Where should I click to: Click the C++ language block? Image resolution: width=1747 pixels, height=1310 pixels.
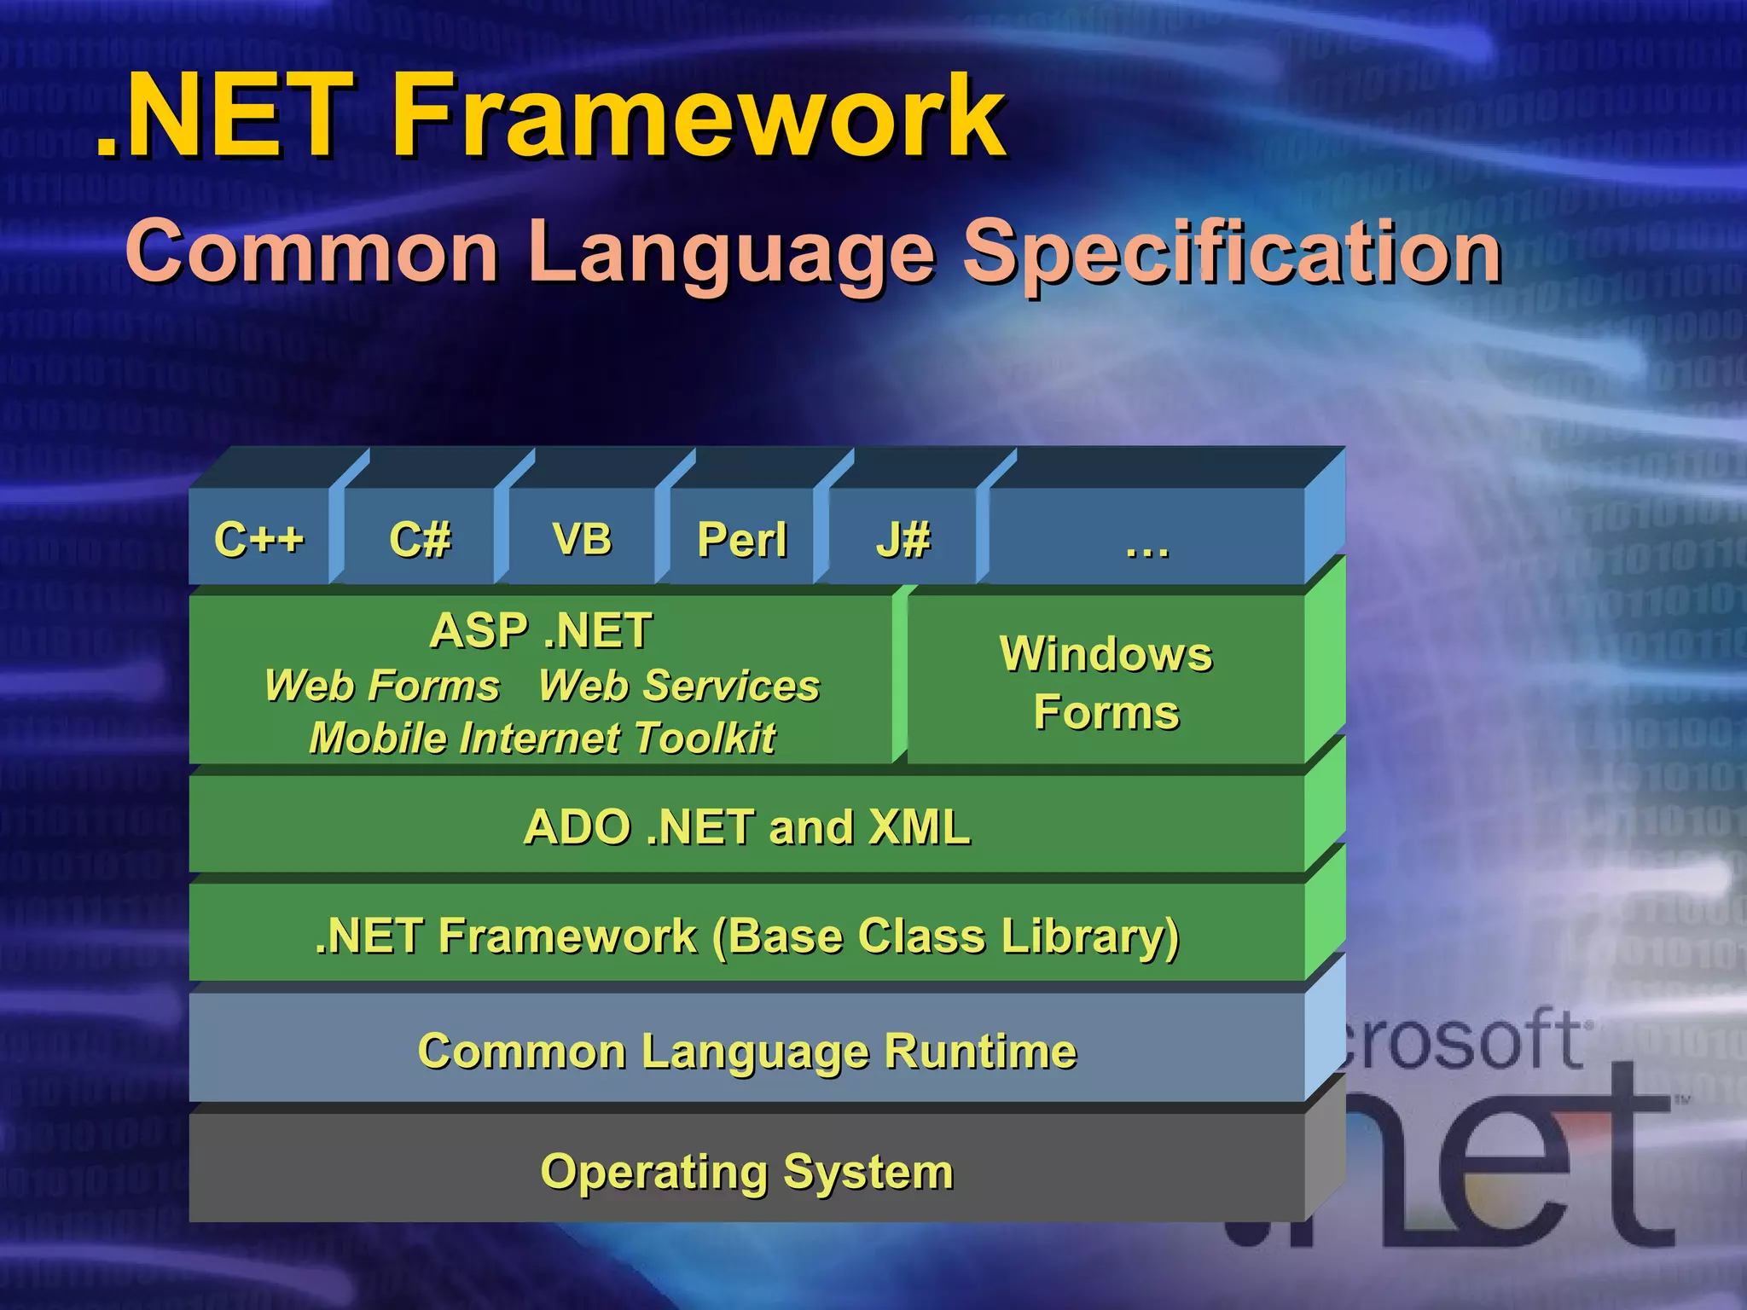[x=259, y=539]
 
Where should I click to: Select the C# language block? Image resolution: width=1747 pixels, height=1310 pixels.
[x=420, y=539]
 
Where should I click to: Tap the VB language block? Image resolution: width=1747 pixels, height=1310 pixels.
[x=582, y=539]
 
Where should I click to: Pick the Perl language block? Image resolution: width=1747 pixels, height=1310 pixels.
[x=742, y=539]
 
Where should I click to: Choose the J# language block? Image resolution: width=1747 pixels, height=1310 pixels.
[x=903, y=539]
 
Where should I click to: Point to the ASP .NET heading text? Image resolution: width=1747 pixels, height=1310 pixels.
[x=541, y=631]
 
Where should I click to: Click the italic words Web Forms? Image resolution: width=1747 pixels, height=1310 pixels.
[x=382, y=686]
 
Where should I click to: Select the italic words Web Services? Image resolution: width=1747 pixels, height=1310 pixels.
[x=679, y=686]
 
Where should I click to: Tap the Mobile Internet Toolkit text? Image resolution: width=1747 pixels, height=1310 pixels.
[x=543, y=739]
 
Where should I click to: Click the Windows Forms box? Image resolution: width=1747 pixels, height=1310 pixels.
[x=1106, y=682]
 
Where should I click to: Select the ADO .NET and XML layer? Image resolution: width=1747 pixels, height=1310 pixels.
[x=746, y=827]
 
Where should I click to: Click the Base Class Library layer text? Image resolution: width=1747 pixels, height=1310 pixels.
[x=746, y=936]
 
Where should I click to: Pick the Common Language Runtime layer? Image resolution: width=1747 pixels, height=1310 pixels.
[x=746, y=1051]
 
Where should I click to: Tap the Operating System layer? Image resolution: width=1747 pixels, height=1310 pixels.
[x=746, y=1172]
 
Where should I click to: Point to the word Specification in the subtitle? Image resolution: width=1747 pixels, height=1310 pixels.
[x=1232, y=252]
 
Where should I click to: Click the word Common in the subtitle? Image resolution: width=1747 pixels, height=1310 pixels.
[x=312, y=252]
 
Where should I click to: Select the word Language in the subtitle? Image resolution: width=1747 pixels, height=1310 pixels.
[x=730, y=252]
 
